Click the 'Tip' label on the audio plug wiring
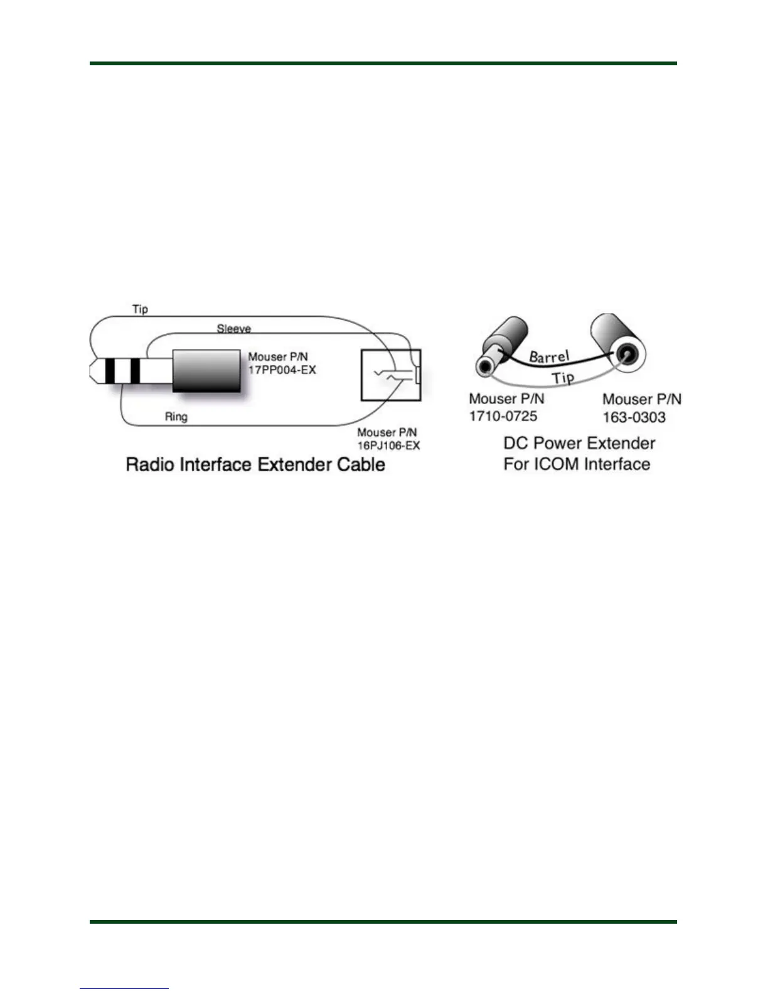(x=140, y=309)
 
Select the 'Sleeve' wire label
(x=233, y=328)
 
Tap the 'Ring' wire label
(x=176, y=417)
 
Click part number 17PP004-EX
(x=282, y=370)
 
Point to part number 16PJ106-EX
(x=388, y=446)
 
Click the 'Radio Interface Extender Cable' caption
(x=255, y=465)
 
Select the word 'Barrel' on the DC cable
(x=549, y=356)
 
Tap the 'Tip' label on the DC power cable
(x=563, y=377)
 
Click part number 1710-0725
(x=503, y=416)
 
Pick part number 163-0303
(x=634, y=417)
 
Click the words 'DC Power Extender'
(x=579, y=444)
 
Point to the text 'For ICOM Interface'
(x=577, y=464)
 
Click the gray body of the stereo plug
(x=206, y=371)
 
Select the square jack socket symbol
(x=390, y=375)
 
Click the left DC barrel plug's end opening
(x=485, y=367)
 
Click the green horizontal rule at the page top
(x=383, y=63)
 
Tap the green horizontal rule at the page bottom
(x=383, y=922)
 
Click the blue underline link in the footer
(x=124, y=988)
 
